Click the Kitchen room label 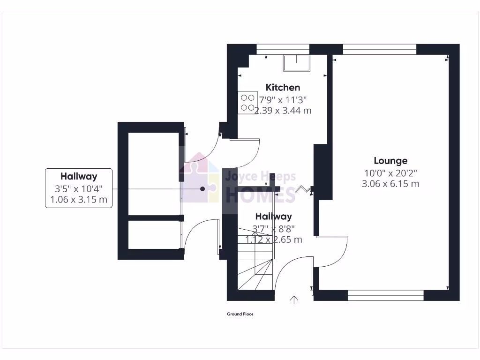click(283, 87)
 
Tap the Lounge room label click(390, 161)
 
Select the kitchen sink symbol click(296, 63)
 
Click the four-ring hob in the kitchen click(247, 102)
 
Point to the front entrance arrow click(294, 300)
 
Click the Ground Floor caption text click(240, 314)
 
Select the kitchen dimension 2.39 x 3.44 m click(283, 111)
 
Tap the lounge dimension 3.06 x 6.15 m click(390, 184)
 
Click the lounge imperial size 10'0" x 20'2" click(390, 172)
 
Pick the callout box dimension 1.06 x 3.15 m click(79, 200)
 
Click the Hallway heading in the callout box click(79, 176)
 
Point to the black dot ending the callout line click(202, 189)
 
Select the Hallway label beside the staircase click(273, 217)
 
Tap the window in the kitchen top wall click(283, 49)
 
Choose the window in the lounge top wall click(380, 49)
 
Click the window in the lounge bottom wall click(385, 295)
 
